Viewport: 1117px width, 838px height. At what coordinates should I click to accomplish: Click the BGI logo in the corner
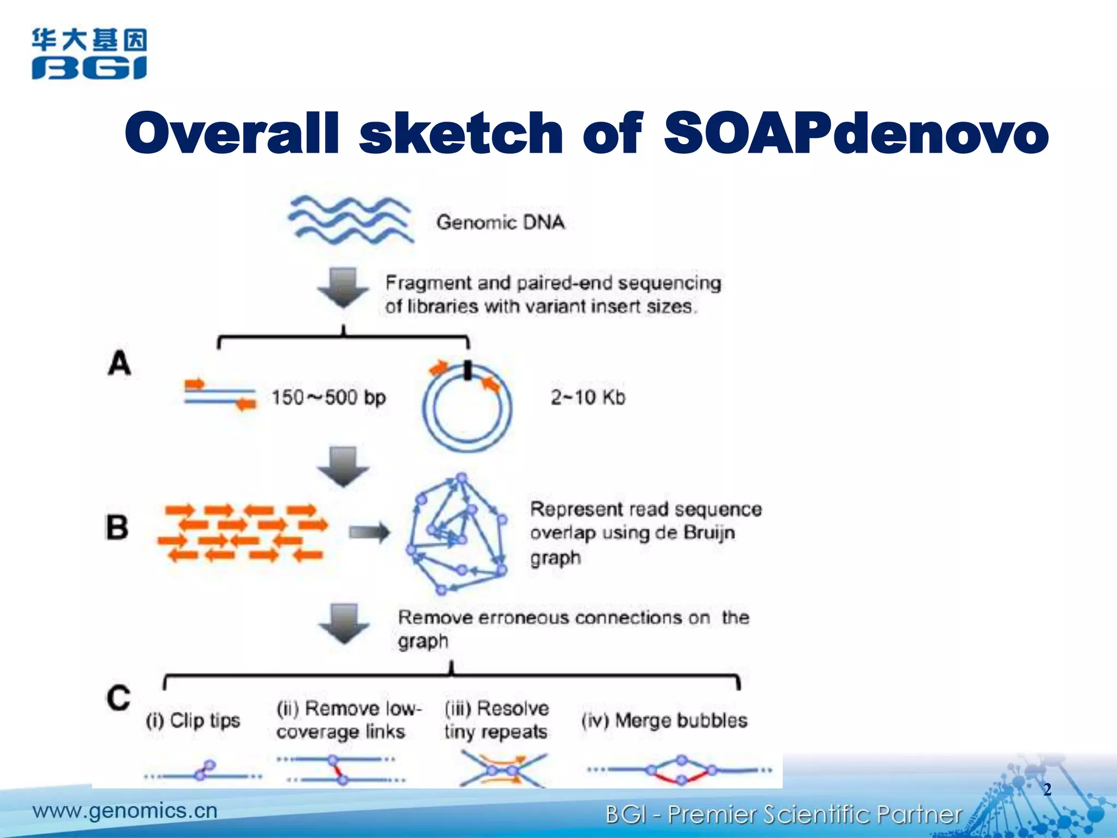(89, 54)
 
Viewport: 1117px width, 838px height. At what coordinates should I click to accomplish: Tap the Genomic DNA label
(500, 223)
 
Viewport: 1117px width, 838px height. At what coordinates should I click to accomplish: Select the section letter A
(119, 363)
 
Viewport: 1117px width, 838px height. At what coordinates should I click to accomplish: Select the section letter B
(117, 528)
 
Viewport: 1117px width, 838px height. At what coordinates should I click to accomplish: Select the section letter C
(118, 698)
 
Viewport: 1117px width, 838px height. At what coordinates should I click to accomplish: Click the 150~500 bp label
(328, 397)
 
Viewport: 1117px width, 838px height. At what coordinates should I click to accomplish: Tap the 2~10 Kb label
(587, 397)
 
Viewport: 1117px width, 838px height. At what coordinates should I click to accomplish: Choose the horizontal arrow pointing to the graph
(369, 532)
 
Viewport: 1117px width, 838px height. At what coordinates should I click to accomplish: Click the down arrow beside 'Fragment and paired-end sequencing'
(344, 287)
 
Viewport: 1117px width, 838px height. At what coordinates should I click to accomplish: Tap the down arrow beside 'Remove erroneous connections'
(344, 623)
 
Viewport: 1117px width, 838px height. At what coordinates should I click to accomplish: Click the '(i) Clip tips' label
(193, 721)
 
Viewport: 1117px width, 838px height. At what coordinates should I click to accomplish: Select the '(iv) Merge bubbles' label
(664, 721)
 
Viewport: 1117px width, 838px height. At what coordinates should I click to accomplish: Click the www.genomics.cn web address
(125, 811)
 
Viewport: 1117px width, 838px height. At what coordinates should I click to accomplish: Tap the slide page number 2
(1047, 789)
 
